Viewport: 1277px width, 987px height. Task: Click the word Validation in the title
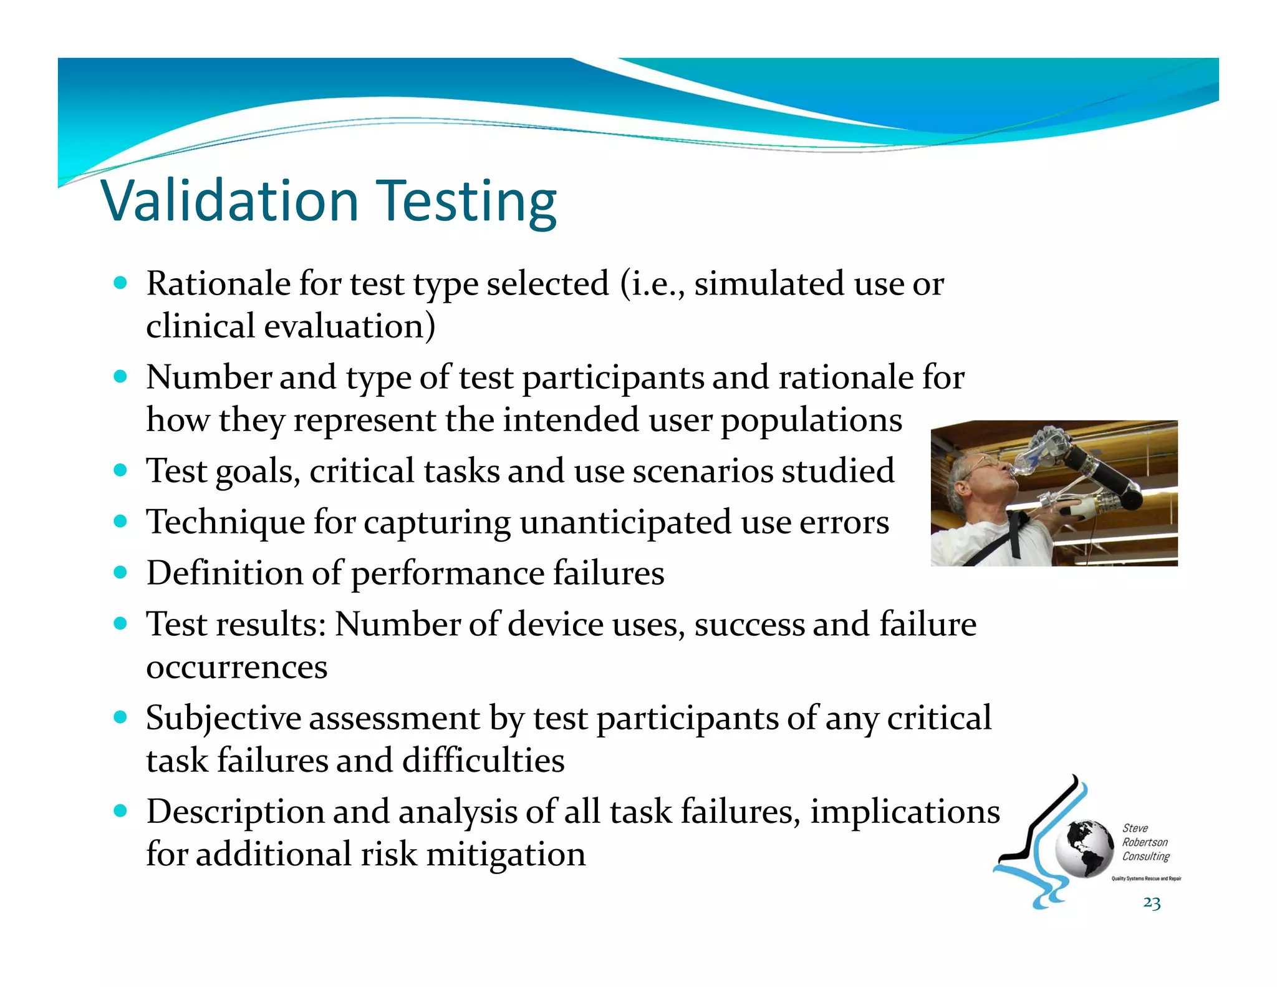click(x=229, y=201)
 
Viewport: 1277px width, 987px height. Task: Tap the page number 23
click(x=1152, y=903)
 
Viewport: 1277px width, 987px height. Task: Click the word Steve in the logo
click(x=1135, y=828)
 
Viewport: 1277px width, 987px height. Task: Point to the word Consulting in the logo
click(x=1146, y=857)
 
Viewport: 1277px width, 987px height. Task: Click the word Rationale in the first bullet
click(x=218, y=284)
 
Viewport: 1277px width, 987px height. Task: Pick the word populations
click(x=811, y=420)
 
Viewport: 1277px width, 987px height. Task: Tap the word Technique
click(x=225, y=522)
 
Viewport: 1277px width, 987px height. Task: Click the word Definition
click(x=224, y=573)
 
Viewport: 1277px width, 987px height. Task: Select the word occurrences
click(x=236, y=668)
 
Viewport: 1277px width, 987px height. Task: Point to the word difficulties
click(x=483, y=761)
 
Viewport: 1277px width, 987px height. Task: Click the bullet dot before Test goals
click(x=120, y=470)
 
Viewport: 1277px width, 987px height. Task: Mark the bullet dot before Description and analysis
click(x=120, y=811)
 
